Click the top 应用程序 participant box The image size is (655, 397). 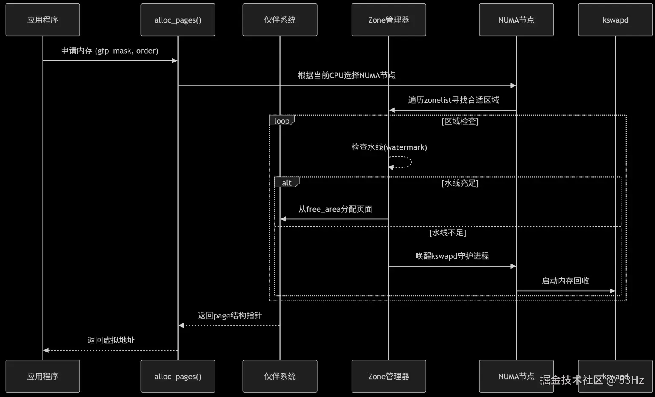pos(43,20)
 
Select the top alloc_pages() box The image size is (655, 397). pos(178,20)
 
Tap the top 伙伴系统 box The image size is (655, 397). pos(280,20)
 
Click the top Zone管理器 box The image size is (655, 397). pos(388,20)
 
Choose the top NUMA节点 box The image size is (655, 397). pos(516,20)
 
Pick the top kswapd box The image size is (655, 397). pos(615,20)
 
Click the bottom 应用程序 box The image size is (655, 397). pos(43,376)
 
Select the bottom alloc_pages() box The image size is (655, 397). pos(178,376)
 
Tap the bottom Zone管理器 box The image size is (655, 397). pos(388,376)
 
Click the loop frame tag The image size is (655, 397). pos(281,121)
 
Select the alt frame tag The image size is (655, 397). pos(286,183)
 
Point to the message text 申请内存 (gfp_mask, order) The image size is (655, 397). pos(110,51)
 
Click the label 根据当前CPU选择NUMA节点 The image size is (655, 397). pos(346,75)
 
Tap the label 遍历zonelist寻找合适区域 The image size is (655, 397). pos(454,100)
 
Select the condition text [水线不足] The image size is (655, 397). pos(448,233)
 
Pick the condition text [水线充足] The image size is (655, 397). pos(460,183)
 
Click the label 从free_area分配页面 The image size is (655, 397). pos(335,209)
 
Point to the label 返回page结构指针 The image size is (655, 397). pos(230,315)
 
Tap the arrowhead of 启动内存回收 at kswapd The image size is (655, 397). pos(612,291)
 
